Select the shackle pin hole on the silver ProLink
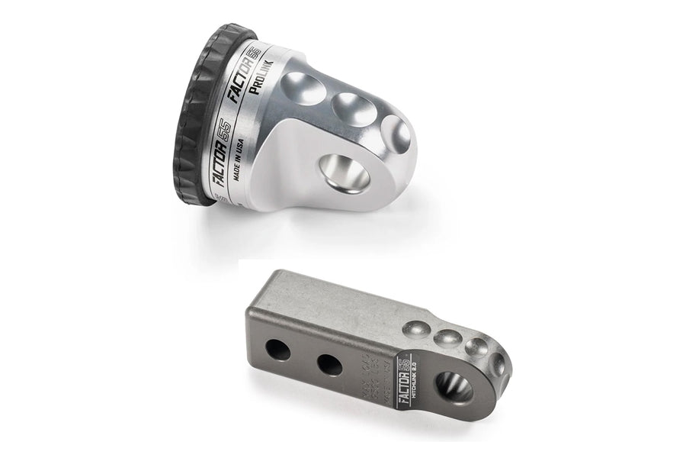(344, 174)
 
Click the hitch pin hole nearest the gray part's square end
(279, 351)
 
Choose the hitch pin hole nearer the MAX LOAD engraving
(329, 366)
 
